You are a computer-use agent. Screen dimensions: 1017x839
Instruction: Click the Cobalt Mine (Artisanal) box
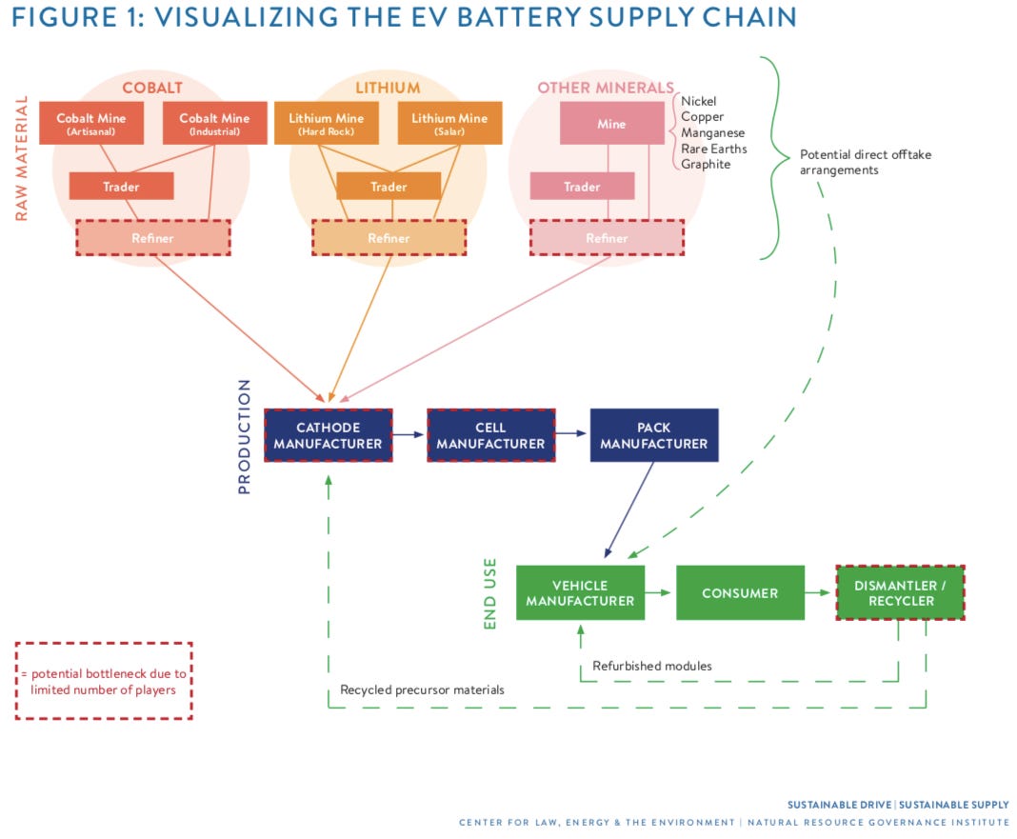click(x=91, y=123)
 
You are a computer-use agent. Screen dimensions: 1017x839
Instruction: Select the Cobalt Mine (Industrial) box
click(x=214, y=123)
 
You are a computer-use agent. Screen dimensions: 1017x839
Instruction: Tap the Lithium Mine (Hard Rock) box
click(x=327, y=123)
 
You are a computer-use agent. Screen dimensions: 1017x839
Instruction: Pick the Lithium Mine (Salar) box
click(x=449, y=123)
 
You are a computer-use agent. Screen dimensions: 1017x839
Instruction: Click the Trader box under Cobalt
click(x=121, y=187)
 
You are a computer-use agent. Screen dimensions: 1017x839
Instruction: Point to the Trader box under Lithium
click(x=389, y=187)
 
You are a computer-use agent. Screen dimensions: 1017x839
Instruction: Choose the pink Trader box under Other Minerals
click(x=582, y=187)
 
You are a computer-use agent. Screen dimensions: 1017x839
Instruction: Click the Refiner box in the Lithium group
click(x=389, y=238)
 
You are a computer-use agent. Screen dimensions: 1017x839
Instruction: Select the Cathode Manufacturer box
click(x=329, y=435)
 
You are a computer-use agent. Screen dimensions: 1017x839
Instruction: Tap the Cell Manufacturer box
click(x=491, y=435)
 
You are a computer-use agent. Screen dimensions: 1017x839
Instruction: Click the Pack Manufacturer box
click(x=654, y=435)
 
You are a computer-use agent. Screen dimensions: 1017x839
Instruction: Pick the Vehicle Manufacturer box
click(x=581, y=593)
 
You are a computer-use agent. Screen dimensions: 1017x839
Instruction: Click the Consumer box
click(x=740, y=593)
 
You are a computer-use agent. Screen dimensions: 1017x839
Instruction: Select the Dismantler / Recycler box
click(x=900, y=593)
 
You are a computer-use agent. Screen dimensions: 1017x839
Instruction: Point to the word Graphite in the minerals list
click(x=706, y=164)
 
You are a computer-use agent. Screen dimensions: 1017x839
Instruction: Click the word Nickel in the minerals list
click(x=699, y=101)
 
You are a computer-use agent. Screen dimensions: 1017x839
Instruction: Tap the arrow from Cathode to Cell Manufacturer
click(x=409, y=435)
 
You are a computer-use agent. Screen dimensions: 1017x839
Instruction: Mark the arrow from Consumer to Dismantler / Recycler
click(x=818, y=592)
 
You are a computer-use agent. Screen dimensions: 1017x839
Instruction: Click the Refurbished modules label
click(x=652, y=666)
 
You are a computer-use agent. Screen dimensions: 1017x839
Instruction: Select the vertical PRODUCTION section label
click(x=244, y=437)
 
